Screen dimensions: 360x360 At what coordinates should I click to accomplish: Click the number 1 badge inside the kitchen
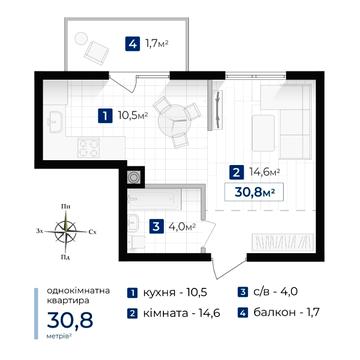105,116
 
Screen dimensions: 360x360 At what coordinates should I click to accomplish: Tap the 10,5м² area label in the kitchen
133,116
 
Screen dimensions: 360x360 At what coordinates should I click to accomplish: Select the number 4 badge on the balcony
132,44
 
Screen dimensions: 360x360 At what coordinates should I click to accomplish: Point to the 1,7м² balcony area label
157,44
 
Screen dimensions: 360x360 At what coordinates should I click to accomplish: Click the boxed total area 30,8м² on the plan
254,192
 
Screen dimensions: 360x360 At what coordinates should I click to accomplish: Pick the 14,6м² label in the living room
264,172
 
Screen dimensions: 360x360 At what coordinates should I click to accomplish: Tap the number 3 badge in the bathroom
156,227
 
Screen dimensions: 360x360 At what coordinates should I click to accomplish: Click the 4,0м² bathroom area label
182,227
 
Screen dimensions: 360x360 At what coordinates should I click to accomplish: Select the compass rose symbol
66,231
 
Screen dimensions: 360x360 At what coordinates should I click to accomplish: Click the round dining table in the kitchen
170,119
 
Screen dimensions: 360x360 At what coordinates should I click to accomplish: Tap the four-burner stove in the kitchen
88,147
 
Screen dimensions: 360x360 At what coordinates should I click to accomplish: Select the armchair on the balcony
97,52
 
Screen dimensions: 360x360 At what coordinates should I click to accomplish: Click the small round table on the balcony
81,38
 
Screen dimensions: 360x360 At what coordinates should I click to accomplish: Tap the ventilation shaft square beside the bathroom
135,176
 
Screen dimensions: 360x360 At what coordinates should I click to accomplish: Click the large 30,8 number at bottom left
70,320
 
